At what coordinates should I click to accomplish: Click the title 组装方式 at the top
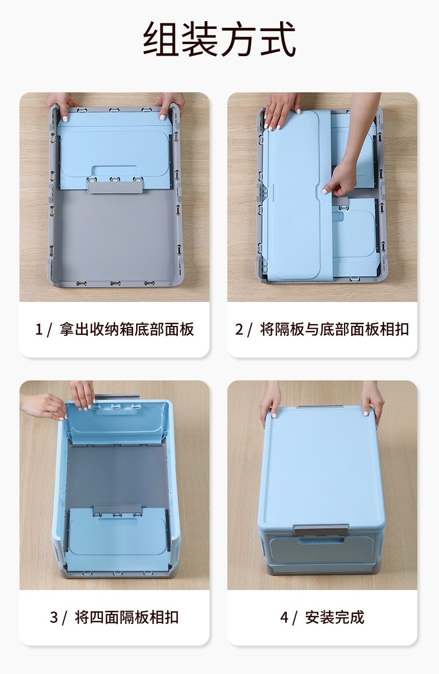[x=219, y=39]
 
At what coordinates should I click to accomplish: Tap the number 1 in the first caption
[x=38, y=329]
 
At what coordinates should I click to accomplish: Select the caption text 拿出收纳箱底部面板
[x=127, y=329]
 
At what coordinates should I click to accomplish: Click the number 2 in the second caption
[x=239, y=329]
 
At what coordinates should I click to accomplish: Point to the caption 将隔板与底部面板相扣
[x=335, y=329]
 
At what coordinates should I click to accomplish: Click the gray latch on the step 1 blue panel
[x=114, y=185]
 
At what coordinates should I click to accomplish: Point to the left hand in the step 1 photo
[x=60, y=106]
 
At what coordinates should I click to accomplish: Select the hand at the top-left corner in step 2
[x=281, y=111]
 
